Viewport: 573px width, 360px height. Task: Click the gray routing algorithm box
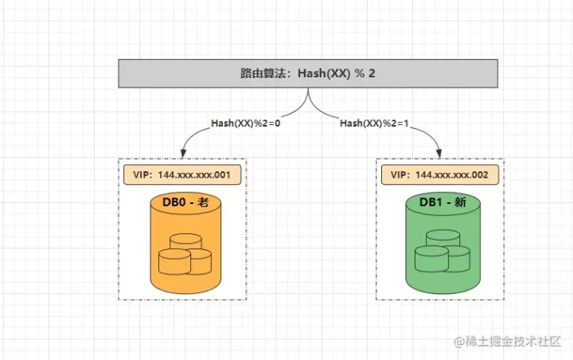point(308,73)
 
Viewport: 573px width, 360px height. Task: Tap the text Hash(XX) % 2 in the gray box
point(337,73)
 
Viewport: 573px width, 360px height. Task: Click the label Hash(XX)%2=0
point(246,123)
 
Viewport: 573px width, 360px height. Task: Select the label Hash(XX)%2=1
point(374,123)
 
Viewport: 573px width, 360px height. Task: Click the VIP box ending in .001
point(182,175)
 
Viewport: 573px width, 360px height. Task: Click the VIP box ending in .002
point(440,175)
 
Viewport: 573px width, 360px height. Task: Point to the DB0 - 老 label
point(185,202)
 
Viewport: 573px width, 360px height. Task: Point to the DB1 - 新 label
point(442,202)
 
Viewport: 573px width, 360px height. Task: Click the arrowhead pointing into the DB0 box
point(184,153)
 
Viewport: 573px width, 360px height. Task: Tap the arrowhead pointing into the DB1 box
point(439,153)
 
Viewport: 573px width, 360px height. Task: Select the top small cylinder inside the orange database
point(185,241)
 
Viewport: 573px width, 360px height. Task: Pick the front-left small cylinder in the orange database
point(174,261)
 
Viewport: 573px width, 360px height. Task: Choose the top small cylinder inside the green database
point(443,238)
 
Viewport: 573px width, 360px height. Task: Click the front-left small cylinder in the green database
point(431,259)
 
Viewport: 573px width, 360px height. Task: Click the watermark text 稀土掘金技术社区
point(513,342)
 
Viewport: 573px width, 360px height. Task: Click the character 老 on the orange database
point(203,202)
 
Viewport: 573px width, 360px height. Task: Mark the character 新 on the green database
point(461,202)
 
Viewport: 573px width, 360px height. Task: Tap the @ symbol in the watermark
point(459,342)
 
